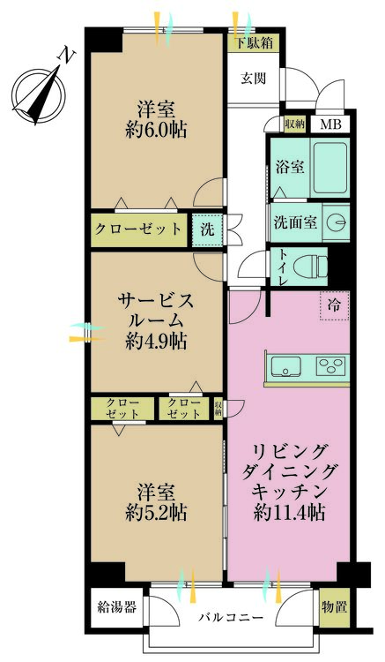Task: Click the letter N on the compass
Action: click(67, 56)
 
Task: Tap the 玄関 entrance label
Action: click(253, 79)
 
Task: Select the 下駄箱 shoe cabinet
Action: click(254, 43)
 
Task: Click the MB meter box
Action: click(330, 124)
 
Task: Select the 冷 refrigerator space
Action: click(335, 305)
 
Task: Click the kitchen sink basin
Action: click(286, 365)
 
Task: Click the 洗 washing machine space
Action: click(207, 230)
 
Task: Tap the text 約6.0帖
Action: click(156, 130)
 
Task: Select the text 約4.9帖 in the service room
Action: click(156, 341)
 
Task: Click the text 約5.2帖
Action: click(156, 513)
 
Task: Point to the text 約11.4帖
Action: click(289, 513)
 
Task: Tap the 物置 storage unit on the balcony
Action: click(335, 607)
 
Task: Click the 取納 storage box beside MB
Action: click(294, 124)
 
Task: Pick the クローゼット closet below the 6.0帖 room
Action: click(138, 230)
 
